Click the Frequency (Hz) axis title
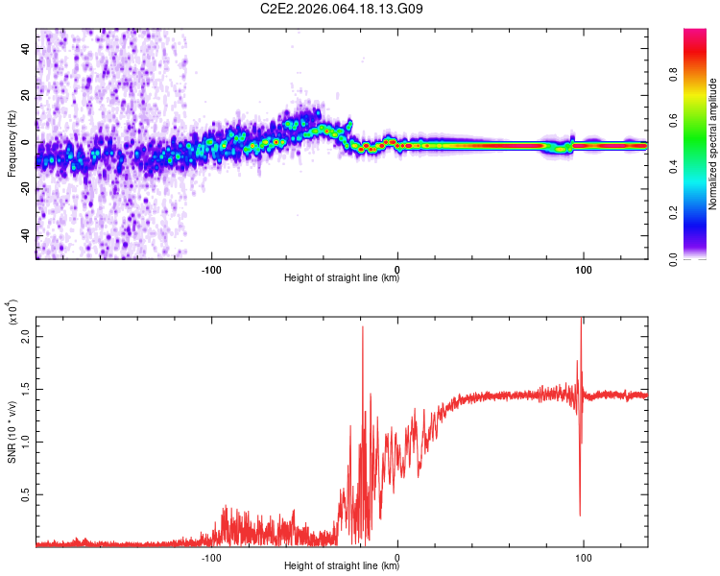(x=12, y=144)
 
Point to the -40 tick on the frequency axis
(x=25, y=236)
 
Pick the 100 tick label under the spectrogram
(x=583, y=268)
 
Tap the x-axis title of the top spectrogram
(x=342, y=278)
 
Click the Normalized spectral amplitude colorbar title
(x=712, y=144)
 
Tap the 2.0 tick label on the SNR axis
(x=27, y=337)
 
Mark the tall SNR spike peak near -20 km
(x=363, y=327)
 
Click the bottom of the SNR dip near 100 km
(x=580, y=515)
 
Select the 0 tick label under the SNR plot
(x=397, y=556)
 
